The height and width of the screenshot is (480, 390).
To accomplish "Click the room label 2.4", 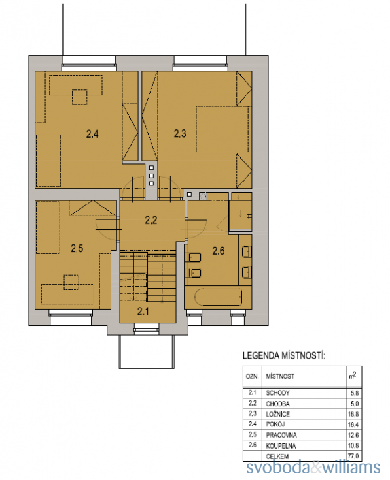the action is pyautogui.click(x=92, y=134).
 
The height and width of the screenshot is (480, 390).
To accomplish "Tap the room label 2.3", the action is pyautogui.click(x=180, y=134).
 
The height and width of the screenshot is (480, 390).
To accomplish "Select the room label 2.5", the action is pyautogui.click(x=77, y=248).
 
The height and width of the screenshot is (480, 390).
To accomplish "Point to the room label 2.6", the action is pyautogui.click(x=219, y=251).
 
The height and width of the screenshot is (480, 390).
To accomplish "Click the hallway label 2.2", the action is pyautogui.click(x=151, y=220).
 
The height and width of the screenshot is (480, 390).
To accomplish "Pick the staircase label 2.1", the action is pyautogui.click(x=143, y=312).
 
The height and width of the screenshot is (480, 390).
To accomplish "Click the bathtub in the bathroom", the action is pyautogui.click(x=219, y=296).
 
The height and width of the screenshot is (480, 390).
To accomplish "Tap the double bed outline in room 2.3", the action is pyautogui.click(x=222, y=129).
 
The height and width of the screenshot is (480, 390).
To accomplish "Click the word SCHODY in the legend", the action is pyautogui.click(x=277, y=392).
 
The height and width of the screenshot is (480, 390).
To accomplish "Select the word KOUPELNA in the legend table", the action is pyautogui.click(x=281, y=445).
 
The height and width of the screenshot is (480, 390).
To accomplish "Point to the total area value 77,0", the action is pyautogui.click(x=353, y=456).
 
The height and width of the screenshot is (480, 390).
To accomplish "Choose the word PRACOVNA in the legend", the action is pyautogui.click(x=281, y=435).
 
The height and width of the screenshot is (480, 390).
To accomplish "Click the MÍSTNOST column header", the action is pyautogui.click(x=280, y=376).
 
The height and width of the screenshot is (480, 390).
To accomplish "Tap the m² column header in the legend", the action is pyautogui.click(x=353, y=376).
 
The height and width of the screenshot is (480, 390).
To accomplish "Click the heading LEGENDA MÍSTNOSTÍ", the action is pyautogui.click(x=283, y=356).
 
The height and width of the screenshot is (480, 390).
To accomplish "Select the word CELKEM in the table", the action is pyautogui.click(x=277, y=456).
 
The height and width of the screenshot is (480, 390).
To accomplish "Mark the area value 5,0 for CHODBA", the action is pyautogui.click(x=355, y=404).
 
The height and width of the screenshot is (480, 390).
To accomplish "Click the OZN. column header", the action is pyautogui.click(x=252, y=376).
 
